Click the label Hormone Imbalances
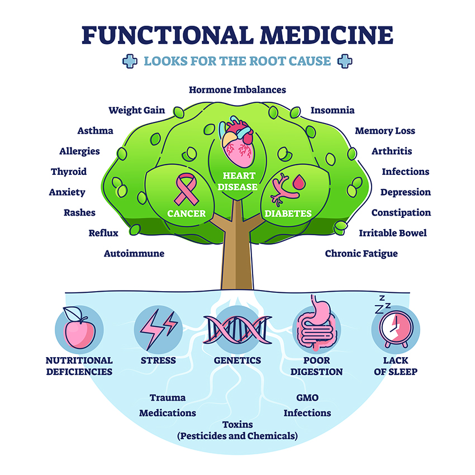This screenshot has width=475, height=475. click(237, 89)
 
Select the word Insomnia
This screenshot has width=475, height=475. click(332, 110)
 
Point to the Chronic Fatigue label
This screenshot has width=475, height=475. click(362, 254)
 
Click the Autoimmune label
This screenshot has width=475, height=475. click(134, 254)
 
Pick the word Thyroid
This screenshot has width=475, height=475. click(69, 172)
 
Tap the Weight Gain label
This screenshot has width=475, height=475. click(137, 110)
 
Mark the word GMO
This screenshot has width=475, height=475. click(307, 398)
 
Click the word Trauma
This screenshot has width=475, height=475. click(168, 398)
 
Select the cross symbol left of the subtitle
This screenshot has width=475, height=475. click(130, 61)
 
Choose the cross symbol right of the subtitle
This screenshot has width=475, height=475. click(345, 61)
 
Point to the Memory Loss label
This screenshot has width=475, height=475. click(385, 131)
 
